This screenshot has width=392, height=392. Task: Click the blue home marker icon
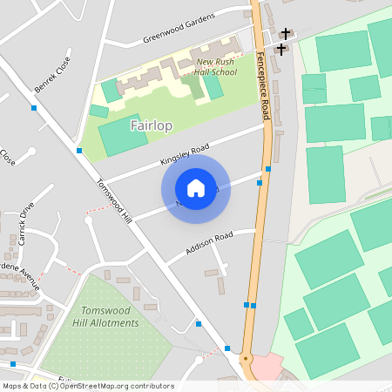click(196, 187)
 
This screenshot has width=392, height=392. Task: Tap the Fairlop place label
click(151, 126)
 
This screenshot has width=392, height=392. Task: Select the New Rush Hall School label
click(216, 68)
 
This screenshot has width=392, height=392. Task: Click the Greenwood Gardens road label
click(178, 32)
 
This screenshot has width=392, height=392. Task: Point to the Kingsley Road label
click(185, 156)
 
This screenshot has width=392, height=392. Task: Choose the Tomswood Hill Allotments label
click(109, 317)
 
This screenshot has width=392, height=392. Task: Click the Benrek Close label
click(51, 78)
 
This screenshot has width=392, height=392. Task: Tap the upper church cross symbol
click(286, 33)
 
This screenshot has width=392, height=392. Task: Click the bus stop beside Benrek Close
click(33, 108)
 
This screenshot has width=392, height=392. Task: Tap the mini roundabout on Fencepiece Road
click(246, 357)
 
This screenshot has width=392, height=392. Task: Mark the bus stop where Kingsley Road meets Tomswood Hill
click(79, 151)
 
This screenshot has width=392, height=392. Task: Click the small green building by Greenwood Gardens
click(110, 90)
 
